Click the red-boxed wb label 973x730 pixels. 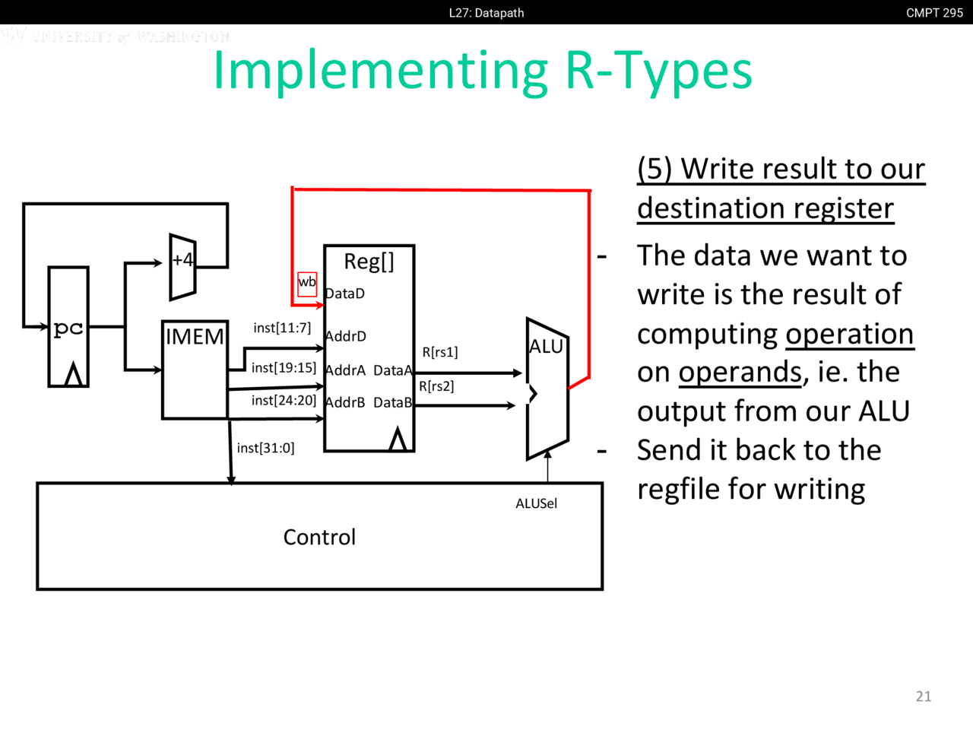click(307, 283)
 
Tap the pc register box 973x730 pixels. click(68, 327)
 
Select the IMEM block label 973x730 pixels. click(195, 336)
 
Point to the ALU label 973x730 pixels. click(546, 347)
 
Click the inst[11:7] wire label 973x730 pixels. click(282, 328)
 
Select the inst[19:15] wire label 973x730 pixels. click(284, 368)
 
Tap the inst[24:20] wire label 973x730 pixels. click(284, 401)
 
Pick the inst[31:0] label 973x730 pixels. click(265, 448)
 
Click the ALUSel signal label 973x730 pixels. click(536, 503)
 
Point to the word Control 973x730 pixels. click(319, 538)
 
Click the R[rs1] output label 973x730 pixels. click(440, 352)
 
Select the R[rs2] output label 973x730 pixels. click(436, 386)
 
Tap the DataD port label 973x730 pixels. click(345, 294)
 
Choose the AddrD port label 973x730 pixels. click(346, 336)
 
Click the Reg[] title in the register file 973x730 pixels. click(369, 262)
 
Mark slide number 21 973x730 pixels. click(924, 696)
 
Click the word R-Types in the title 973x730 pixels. click(658, 71)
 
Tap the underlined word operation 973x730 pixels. click(849, 334)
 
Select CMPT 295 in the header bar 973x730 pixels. click(934, 13)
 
